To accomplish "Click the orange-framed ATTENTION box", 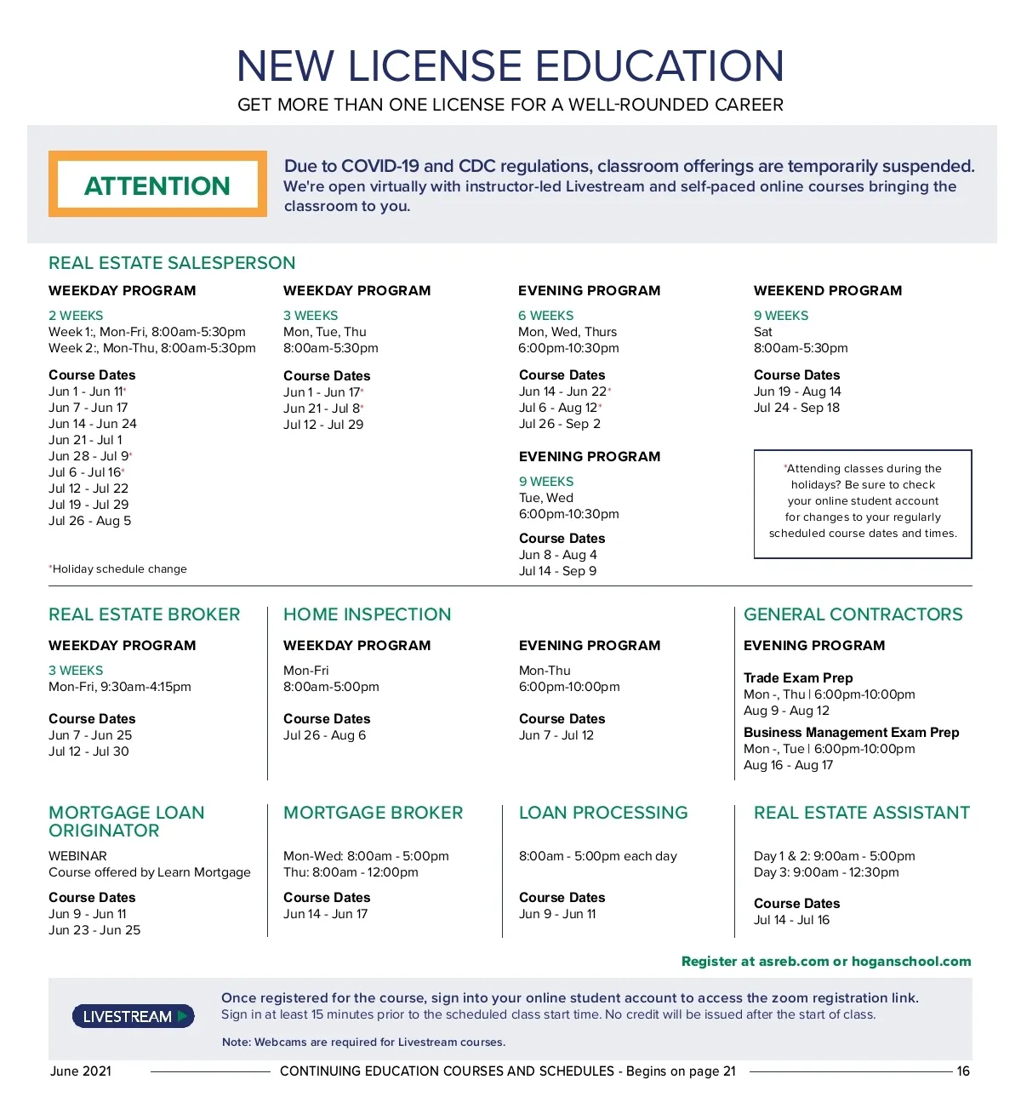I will (157, 185).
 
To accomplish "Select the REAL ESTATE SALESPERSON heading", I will (172, 263).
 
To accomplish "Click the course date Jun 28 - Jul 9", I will (88, 456).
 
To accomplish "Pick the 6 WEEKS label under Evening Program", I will (545, 316).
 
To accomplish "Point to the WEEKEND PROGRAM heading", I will (827, 290).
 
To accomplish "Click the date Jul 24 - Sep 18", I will (796, 408).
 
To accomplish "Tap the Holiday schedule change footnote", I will (118, 568).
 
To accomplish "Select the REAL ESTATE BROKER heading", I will (145, 614).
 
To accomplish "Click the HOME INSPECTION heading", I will (367, 614).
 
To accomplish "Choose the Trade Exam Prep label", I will (797, 678).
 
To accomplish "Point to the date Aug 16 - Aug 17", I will (788, 765).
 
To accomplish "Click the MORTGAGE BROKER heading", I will (373, 813).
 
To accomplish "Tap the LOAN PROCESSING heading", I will (603, 813).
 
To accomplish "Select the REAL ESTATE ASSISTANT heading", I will (861, 813).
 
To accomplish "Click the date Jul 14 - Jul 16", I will (791, 920).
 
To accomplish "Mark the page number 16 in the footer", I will (963, 1071).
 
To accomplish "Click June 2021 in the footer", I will (81, 1071).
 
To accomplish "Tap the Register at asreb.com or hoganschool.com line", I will (825, 962).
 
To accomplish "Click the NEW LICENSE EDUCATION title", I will (510, 66).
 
